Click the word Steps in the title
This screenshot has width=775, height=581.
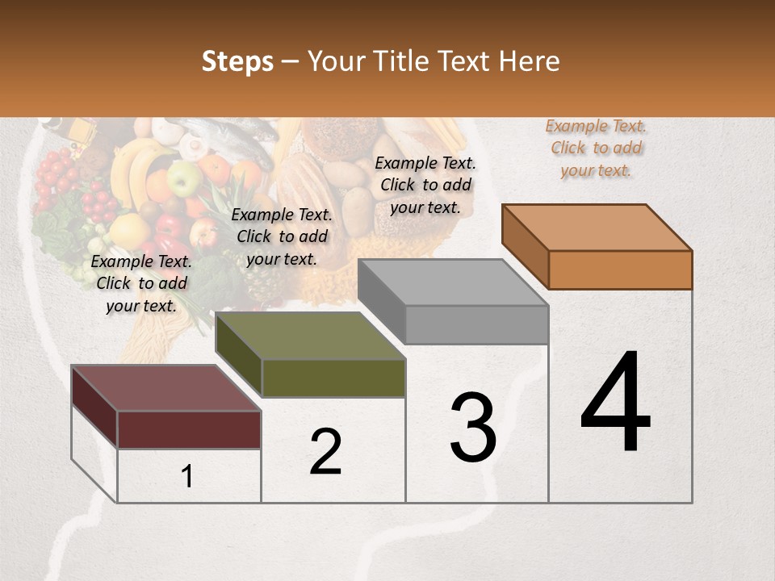[237, 61]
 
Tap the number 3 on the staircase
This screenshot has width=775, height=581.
[473, 428]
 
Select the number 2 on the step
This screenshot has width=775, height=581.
[325, 452]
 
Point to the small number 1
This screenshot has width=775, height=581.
[187, 477]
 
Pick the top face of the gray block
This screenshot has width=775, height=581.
[453, 282]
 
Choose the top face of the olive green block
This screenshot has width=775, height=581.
[310, 336]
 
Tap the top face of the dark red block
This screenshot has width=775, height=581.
[166, 388]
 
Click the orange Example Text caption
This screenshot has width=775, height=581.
[596, 148]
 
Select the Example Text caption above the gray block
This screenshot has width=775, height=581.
[425, 185]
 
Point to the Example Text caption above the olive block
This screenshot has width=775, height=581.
[282, 236]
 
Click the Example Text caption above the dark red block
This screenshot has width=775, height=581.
[141, 283]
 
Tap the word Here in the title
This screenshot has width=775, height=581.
[530, 61]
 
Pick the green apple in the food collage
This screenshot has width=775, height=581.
[185, 178]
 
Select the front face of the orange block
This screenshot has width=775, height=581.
[620, 270]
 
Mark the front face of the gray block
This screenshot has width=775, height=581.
[476, 324]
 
